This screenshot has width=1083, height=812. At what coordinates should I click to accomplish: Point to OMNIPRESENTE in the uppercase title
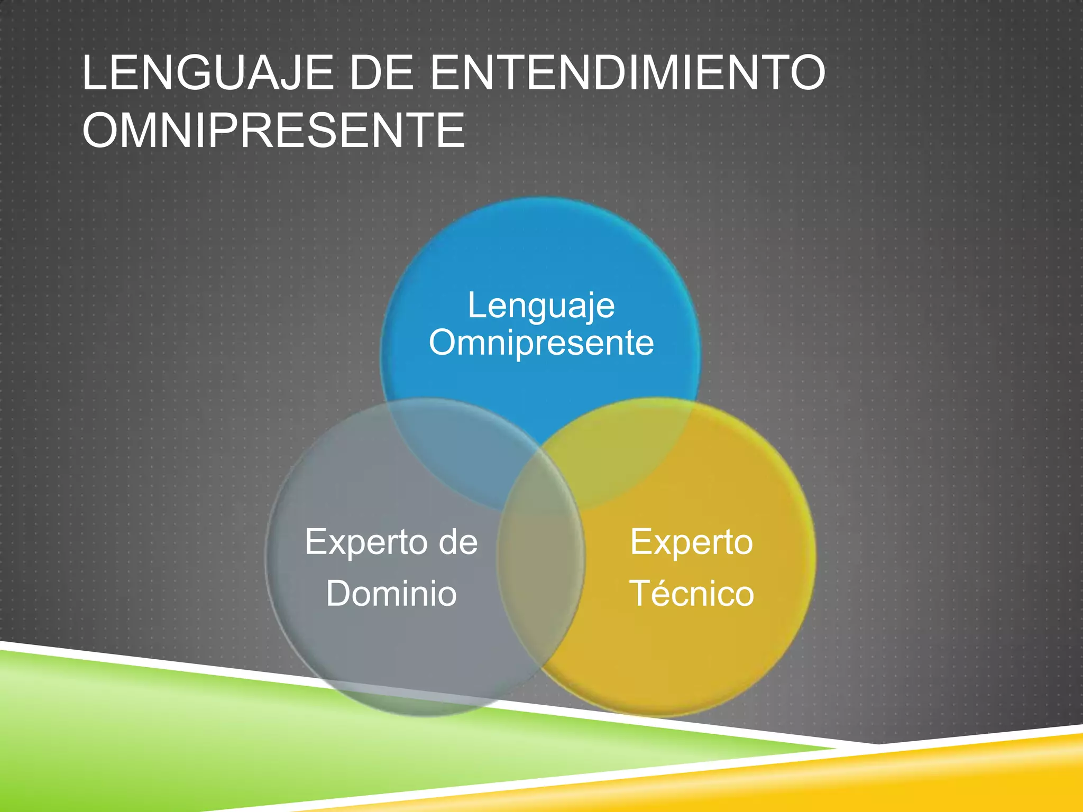tap(273, 130)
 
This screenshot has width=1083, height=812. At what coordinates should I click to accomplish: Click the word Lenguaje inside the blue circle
tap(541, 306)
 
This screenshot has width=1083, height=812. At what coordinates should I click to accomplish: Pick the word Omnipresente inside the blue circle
tap(541, 343)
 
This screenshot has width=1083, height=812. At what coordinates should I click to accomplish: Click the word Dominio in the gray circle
tap(391, 593)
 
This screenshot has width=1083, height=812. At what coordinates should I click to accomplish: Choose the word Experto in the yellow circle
tap(691, 542)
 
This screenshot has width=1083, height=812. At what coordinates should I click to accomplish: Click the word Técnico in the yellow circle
tap(691, 593)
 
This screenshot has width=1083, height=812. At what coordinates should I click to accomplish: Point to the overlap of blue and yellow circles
tap(624, 455)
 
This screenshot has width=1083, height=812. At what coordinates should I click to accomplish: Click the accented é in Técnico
tap(664, 593)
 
